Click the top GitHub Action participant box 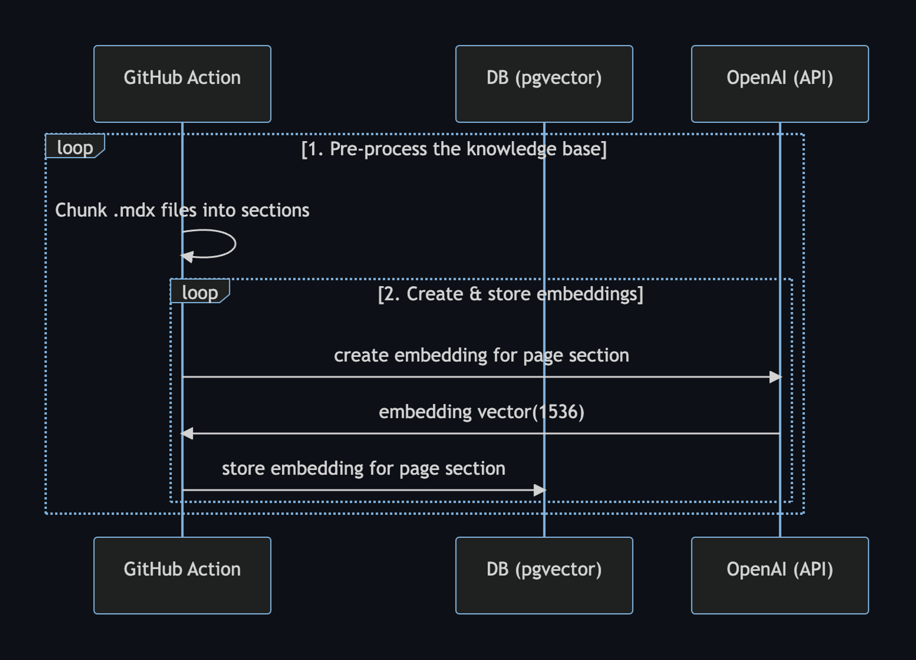(182, 84)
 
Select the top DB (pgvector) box (544, 84)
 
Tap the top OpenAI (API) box (780, 84)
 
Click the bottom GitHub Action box (182, 575)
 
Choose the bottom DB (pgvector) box (544, 575)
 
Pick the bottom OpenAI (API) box (780, 575)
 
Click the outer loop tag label (75, 147)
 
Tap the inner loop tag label (200, 292)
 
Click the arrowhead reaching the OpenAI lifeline (775, 377)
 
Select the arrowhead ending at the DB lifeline (540, 490)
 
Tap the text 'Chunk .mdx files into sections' (182, 210)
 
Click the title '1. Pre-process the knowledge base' (453, 149)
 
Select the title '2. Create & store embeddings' (510, 294)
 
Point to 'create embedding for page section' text (481, 355)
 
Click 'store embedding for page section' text (363, 469)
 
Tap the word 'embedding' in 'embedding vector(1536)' (425, 412)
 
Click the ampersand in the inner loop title (475, 294)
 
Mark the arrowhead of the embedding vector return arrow (187, 433)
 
